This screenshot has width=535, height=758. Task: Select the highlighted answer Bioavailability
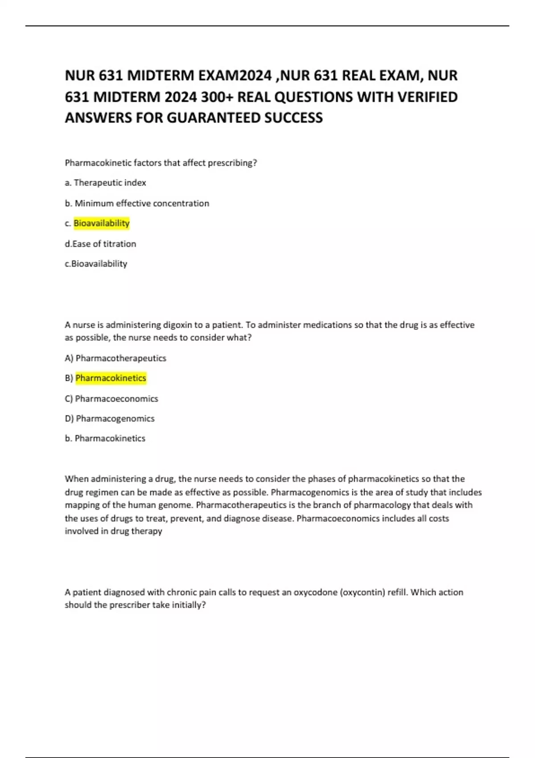102,223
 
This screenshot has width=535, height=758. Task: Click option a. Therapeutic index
106,183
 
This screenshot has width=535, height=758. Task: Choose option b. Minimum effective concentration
137,203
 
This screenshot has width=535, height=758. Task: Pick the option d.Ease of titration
100,244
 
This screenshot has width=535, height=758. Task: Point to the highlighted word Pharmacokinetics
111,378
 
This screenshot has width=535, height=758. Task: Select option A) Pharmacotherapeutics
115,358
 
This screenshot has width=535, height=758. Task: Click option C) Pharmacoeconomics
111,399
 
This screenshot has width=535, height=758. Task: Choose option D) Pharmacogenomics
110,419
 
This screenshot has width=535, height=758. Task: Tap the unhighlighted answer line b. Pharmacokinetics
105,438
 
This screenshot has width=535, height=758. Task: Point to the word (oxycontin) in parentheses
362,592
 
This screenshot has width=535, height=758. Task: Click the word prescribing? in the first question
233,163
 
